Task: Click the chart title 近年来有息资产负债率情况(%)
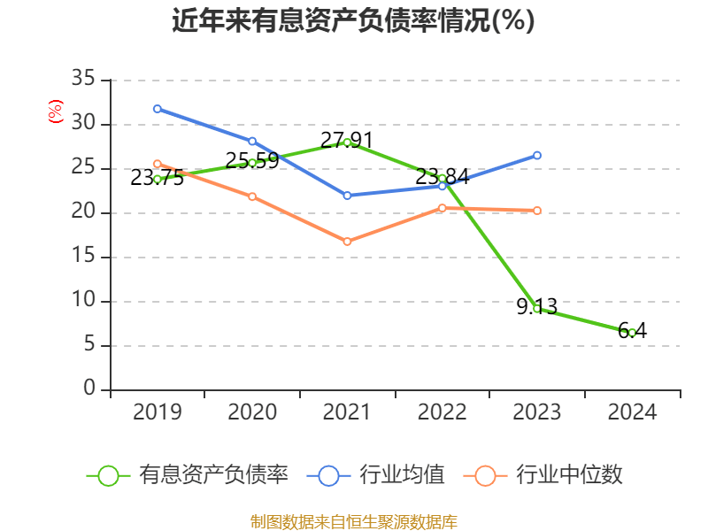coord(353,20)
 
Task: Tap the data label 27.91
coord(347,140)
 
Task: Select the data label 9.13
coord(536,307)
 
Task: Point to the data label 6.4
coord(633,331)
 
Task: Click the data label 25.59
coord(252,160)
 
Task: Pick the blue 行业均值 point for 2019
coord(158,109)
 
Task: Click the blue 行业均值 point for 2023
coord(537,156)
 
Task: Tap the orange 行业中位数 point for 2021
coord(347,242)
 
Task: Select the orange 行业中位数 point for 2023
coord(537,211)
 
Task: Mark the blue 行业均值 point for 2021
coord(347,196)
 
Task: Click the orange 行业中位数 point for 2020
coord(252,196)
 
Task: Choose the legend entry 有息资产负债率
coord(187,475)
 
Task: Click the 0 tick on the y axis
coord(88,389)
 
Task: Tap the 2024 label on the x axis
coord(632,412)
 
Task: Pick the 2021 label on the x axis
coord(347,412)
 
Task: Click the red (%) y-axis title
coord(56,112)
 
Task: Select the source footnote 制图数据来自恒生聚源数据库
coord(353,521)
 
